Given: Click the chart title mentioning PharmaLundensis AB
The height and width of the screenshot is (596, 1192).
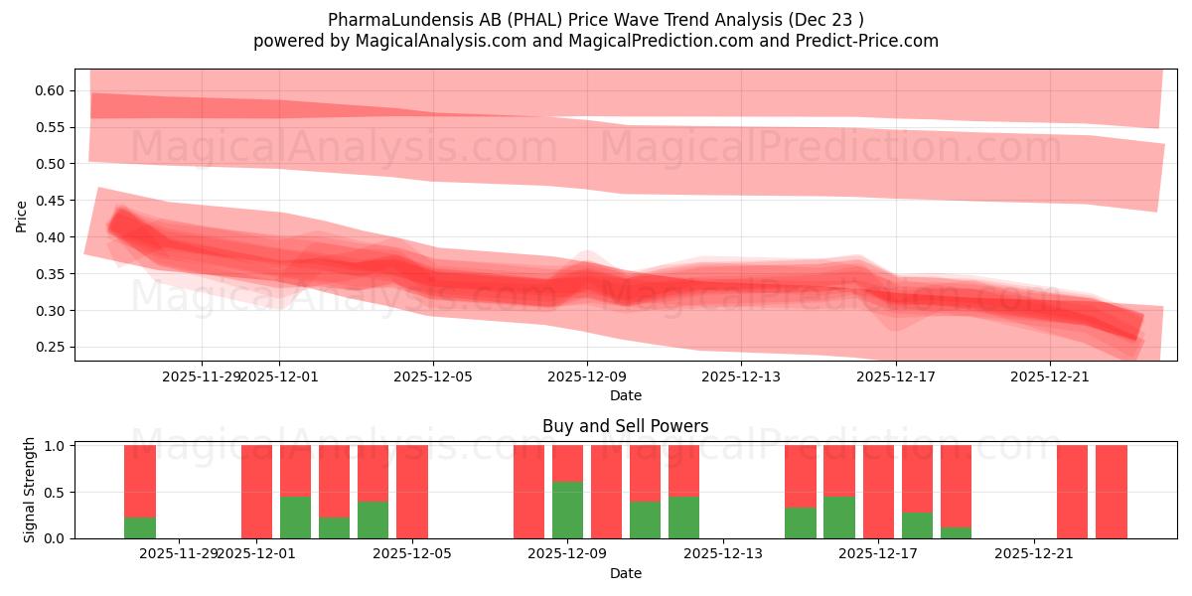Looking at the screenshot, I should click(x=596, y=20).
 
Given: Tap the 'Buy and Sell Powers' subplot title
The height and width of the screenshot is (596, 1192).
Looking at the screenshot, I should click(x=626, y=426).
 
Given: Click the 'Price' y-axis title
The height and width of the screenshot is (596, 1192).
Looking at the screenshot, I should click(x=22, y=215).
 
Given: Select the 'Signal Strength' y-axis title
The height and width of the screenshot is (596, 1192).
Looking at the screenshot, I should click(x=30, y=490).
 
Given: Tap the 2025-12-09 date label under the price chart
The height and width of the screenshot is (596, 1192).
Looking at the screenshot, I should click(x=587, y=376).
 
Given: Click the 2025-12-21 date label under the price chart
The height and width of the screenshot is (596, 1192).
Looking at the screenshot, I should click(x=1050, y=376).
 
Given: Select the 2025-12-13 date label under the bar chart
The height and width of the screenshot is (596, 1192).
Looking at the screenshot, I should click(x=723, y=553).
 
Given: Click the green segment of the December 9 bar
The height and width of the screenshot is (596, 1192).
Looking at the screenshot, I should click(x=567, y=510).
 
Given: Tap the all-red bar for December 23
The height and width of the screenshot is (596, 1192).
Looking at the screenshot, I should click(x=1112, y=492).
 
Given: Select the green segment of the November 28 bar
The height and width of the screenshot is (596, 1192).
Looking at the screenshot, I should click(x=140, y=527).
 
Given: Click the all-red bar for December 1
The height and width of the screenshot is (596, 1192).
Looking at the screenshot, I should click(x=256, y=492).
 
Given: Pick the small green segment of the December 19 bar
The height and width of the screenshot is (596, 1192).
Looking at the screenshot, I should click(x=956, y=532).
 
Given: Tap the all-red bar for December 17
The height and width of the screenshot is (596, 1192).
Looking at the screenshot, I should click(x=878, y=492).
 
